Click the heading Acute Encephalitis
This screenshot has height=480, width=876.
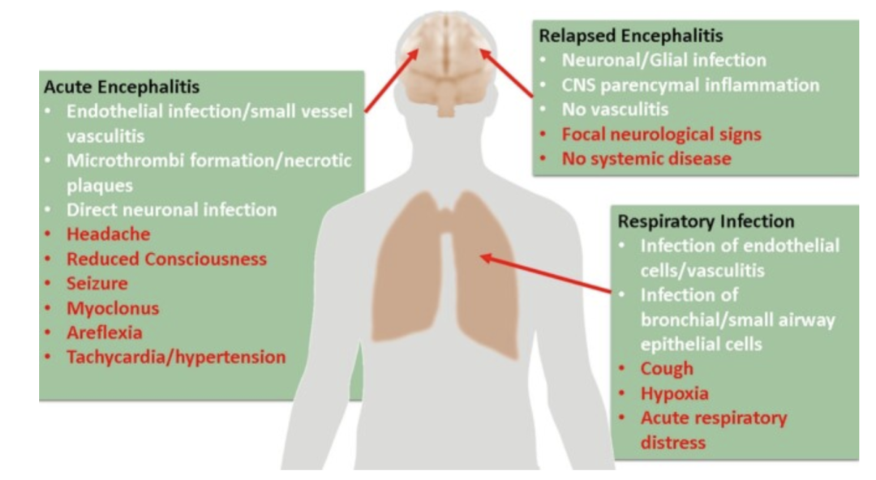point(121,88)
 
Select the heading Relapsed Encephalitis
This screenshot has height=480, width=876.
point(630,36)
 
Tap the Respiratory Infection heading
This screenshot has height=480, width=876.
point(706,221)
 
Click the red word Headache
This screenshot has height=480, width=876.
point(108,234)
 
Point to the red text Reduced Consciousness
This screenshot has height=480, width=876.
point(166,259)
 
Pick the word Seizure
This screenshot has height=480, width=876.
point(97,284)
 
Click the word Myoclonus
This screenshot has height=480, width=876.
point(113,308)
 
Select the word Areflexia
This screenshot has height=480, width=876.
point(104,332)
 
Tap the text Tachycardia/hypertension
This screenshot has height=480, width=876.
point(176,357)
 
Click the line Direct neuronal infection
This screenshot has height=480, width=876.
point(171,210)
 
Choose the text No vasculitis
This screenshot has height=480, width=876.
point(615,109)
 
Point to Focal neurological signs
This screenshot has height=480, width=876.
point(661,134)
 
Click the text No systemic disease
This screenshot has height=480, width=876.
point(646,159)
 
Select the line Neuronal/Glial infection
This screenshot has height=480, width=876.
point(663,60)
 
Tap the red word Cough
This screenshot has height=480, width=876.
point(667,369)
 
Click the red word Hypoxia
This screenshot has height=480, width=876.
point(674,393)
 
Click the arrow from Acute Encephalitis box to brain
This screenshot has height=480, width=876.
point(393,80)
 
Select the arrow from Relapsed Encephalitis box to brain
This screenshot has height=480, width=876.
point(506,73)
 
